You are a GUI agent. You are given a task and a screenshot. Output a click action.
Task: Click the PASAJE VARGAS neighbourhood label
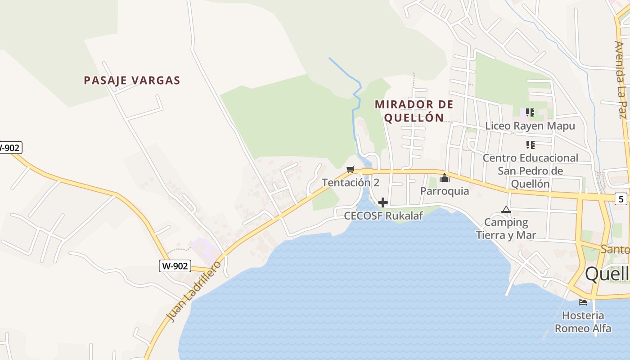click(132, 81)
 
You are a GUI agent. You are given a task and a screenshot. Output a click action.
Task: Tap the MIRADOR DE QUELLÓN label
click(414, 111)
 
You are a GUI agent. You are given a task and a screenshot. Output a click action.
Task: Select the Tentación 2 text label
click(351, 182)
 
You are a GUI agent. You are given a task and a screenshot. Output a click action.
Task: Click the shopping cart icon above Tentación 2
click(351, 169)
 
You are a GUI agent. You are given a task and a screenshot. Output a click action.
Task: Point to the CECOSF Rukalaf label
click(383, 216)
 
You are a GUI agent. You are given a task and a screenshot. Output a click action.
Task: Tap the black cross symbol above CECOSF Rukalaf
click(383, 202)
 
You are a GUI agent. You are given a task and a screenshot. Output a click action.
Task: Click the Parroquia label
click(445, 191)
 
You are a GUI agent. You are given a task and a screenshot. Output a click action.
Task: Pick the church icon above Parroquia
click(445, 178)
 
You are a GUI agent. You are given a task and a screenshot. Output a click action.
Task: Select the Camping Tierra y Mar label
click(506, 229)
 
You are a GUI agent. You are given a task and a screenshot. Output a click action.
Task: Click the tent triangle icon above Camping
click(506, 209)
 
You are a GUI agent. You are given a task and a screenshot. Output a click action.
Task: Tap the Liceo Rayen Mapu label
click(530, 126)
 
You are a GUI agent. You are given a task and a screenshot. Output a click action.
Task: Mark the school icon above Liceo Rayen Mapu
click(530, 112)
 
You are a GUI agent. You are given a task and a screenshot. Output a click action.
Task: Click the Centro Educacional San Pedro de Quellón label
click(530, 171)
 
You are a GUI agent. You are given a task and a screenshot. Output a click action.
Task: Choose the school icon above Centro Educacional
click(530, 145)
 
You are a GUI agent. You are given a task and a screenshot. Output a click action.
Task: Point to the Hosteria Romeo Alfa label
click(583, 322)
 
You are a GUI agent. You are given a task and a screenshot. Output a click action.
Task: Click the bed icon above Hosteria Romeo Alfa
click(583, 302)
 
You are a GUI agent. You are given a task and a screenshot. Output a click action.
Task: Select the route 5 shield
click(621, 198)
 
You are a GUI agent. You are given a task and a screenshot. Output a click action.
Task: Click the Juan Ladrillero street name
click(194, 291)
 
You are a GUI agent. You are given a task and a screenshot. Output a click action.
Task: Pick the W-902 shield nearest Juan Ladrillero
click(175, 266)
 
